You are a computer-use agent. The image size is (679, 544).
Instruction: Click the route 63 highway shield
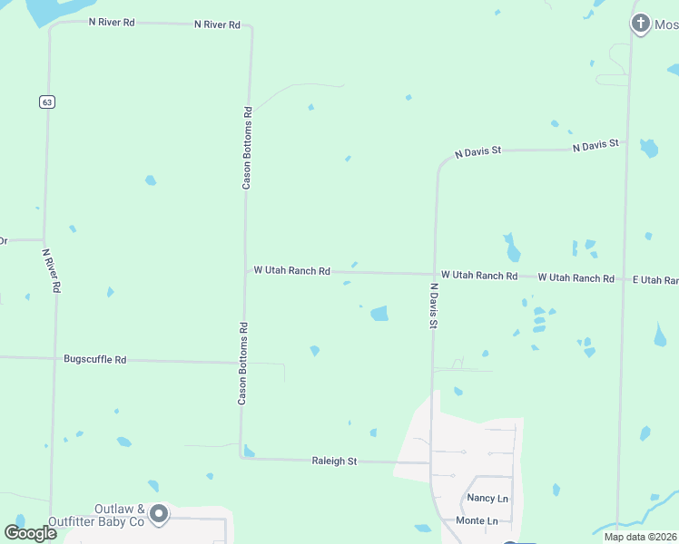click(x=47, y=102)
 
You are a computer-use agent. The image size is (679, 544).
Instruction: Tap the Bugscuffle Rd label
click(x=94, y=360)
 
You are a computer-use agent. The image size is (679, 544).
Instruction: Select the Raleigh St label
click(x=334, y=461)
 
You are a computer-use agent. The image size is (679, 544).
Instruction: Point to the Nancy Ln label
click(x=487, y=499)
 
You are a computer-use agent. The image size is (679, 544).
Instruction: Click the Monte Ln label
click(x=477, y=520)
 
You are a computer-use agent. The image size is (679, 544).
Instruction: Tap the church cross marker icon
click(x=641, y=24)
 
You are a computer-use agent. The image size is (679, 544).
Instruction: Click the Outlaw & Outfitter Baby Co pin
click(x=160, y=515)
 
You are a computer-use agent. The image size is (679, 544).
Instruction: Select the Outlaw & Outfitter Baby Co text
click(x=120, y=516)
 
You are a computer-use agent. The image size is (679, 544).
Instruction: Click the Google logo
click(x=30, y=532)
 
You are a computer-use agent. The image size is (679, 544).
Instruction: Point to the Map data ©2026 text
click(x=640, y=537)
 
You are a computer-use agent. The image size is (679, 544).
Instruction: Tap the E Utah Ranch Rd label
click(x=655, y=280)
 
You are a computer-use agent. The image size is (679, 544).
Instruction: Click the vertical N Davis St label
click(x=434, y=305)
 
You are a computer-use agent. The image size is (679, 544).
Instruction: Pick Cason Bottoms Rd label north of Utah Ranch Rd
click(x=246, y=147)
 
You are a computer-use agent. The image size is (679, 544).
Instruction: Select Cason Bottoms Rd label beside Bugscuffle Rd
click(x=242, y=363)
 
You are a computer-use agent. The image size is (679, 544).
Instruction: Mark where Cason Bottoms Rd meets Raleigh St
click(x=241, y=458)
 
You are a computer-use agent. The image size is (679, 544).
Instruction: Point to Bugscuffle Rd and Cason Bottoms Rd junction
click(x=242, y=363)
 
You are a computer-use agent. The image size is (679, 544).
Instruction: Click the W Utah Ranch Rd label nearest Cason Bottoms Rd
click(x=291, y=270)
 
